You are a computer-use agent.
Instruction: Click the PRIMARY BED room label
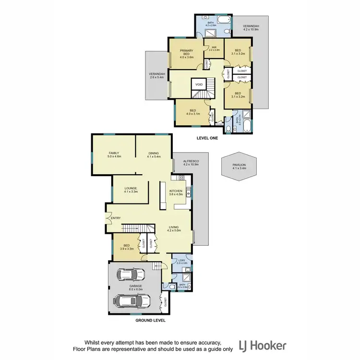click(186, 52)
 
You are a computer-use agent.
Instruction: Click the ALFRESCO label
click(191, 162)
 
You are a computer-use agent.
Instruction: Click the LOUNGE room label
click(131, 190)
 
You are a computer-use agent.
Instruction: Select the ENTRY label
click(115, 218)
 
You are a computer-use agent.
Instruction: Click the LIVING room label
click(173, 229)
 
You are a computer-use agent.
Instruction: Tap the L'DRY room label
click(181, 262)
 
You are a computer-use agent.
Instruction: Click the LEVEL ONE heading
click(207, 138)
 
